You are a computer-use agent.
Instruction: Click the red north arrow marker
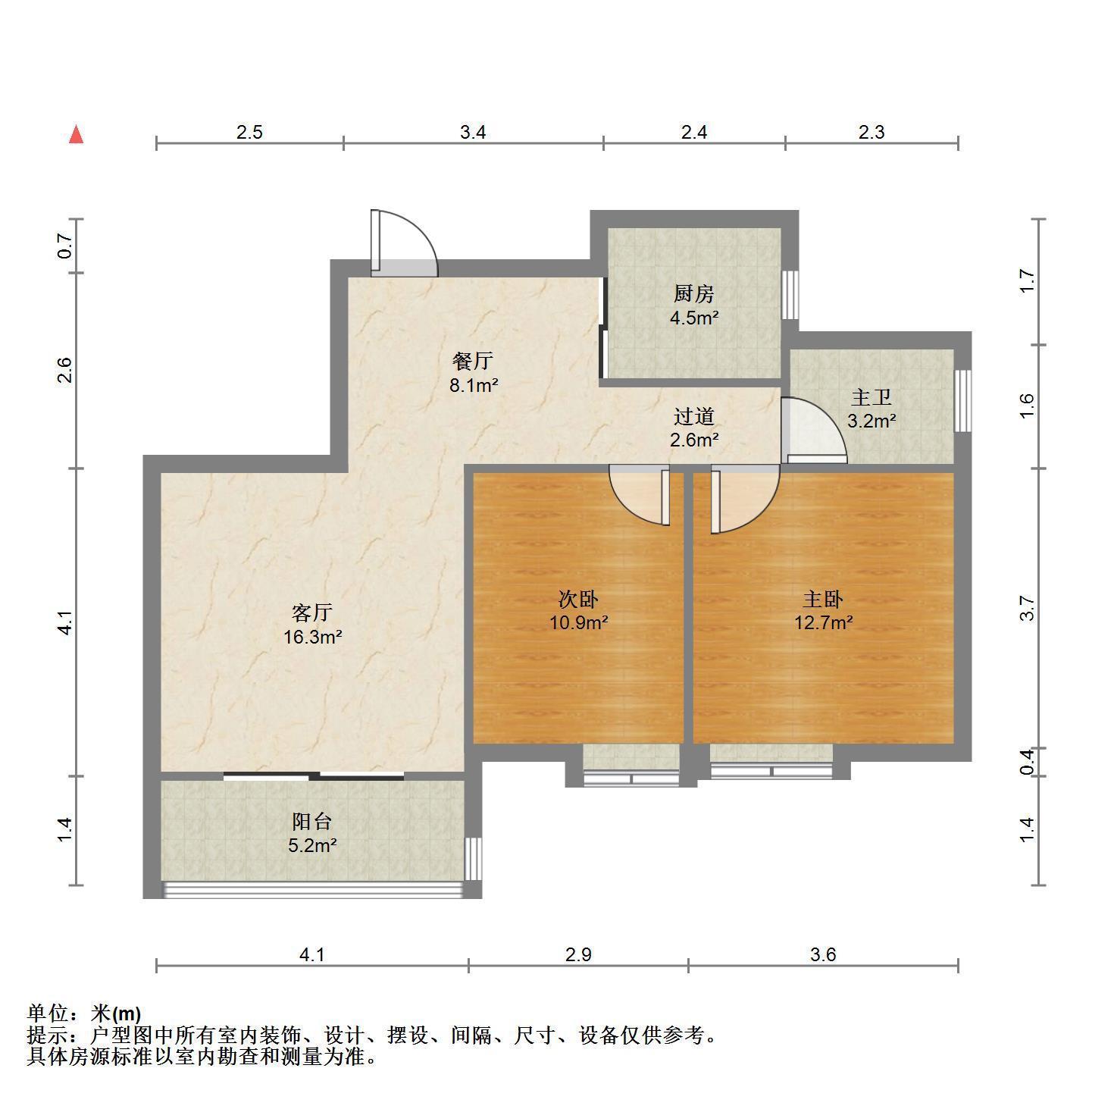(x=77, y=134)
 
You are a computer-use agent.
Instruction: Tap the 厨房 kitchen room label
(x=693, y=294)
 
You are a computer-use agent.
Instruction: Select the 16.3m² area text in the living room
(x=312, y=637)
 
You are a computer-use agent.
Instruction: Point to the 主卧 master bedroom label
(x=823, y=599)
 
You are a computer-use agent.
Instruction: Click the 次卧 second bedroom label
(x=578, y=599)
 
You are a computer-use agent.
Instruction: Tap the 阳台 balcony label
(x=312, y=821)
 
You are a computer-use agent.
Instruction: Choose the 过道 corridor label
(x=693, y=416)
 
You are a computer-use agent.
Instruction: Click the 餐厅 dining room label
(x=473, y=360)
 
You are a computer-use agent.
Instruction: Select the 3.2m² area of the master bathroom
(x=871, y=421)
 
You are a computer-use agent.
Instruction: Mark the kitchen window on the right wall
(x=790, y=294)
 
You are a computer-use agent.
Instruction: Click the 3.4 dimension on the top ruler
(x=473, y=133)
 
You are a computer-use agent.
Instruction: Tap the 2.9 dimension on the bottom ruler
(x=578, y=954)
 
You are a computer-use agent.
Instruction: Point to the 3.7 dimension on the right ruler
(x=1028, y=608)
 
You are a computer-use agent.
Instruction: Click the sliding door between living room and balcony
(x=314, y=776)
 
